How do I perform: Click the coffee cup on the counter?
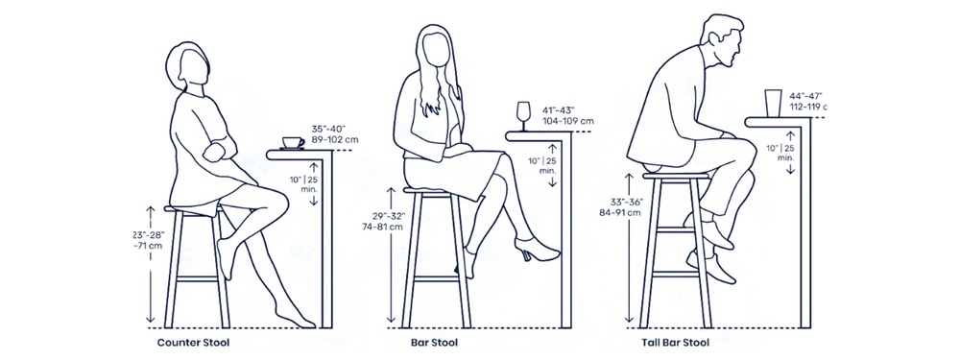coord(292,143)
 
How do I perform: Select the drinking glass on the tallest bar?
coord(773,102)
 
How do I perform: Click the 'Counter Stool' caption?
coord(193,342)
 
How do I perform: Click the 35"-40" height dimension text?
coord(327,129)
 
